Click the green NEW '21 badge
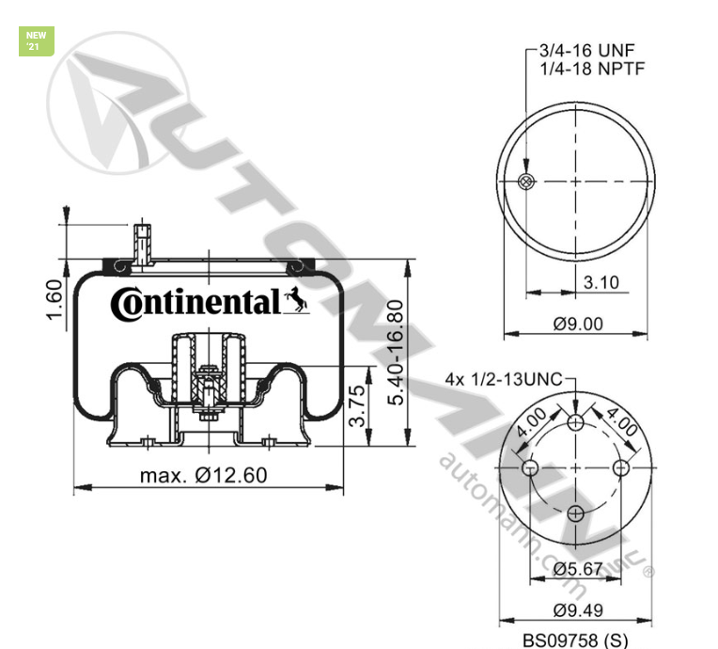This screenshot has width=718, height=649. click(x=36, y=41)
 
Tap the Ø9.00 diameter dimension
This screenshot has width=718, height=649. click(x=577, y=324)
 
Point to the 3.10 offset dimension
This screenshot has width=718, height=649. click(x=601, y=282)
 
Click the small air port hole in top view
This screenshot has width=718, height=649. click(x=527, y=182)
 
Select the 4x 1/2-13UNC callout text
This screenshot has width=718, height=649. click(x=503, y=381)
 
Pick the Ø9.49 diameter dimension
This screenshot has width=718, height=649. click(x=577, y=610)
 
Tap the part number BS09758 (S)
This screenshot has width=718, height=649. click(x=576, y=636)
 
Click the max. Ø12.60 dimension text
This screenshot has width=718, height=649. click(x=203, y=475)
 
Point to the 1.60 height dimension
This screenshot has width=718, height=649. click(x=54, y=298)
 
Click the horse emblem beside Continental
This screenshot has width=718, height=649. click(x=295, y=299)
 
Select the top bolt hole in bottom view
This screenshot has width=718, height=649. click(x=576, y=422)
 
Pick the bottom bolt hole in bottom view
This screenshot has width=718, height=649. click(x=576, y=513)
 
